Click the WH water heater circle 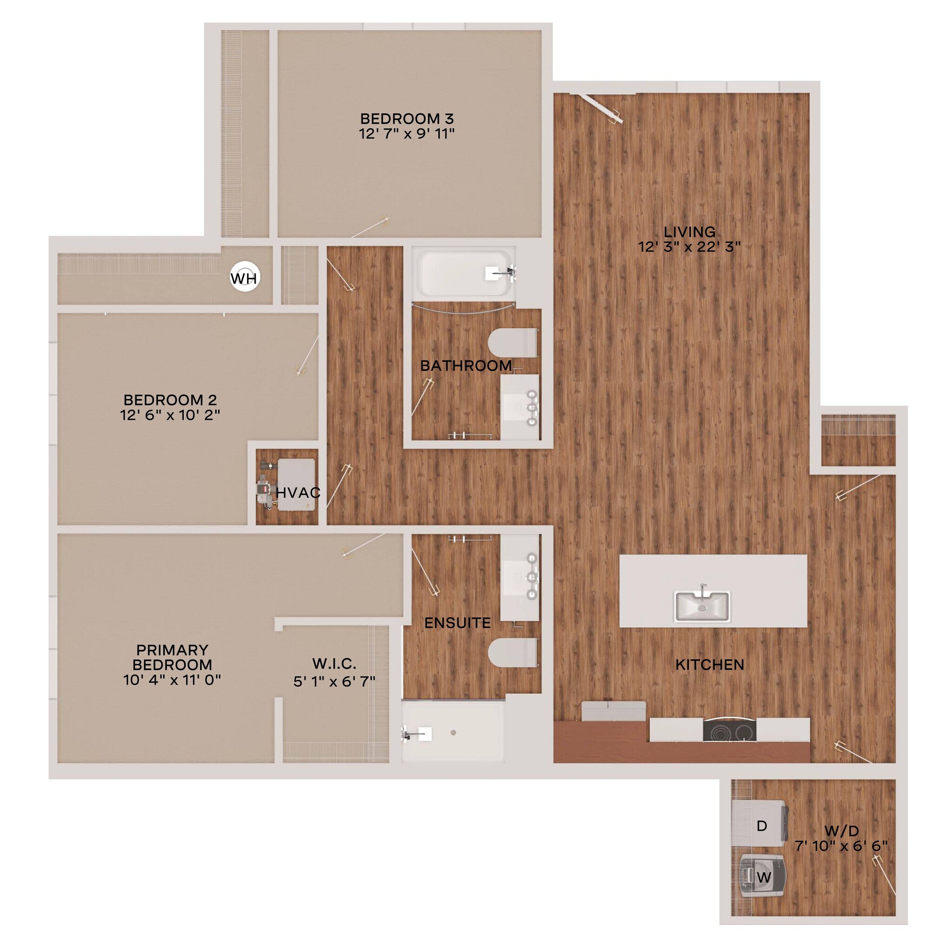pyautogui.click(x=245, y=278)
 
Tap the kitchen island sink pyautogui.click(x=702, y=607)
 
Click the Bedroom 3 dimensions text pyautogui.click(x=407, y=134)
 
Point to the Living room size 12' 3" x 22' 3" pyautogui.click(x=689, y=247)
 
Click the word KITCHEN pyautogui.click(x=709, y=665)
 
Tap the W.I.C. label pyautogui.click(x=334, y=663)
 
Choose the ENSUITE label pyautogui.click(x=457, y=623)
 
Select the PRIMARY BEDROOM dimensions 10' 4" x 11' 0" pyautogui.click(x=172, y=680)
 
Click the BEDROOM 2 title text pyautogui.click(x=170, y=400)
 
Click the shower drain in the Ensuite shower pyautogui.click(x=453, y=733)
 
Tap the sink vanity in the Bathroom pyautogui.click(x=520, y=407)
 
